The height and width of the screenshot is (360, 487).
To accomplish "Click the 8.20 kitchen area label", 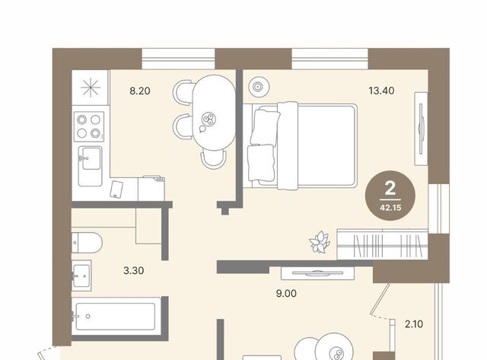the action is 140,91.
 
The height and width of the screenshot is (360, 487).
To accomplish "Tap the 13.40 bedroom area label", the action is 381,91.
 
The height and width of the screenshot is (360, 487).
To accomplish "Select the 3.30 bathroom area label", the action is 134,270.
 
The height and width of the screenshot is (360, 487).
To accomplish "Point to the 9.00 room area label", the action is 286,293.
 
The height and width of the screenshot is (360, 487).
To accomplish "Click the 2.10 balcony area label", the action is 414,324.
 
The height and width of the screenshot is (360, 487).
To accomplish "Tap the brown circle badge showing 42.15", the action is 390,196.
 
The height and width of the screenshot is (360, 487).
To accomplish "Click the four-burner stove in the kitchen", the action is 89,126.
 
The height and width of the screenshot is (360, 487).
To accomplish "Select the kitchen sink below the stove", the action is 90,166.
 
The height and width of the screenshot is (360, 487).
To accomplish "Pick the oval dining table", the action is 214,113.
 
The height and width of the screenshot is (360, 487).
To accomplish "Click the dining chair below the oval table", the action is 213,159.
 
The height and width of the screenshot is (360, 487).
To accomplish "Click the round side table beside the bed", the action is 259,87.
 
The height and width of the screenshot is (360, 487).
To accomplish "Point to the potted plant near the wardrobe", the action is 319,242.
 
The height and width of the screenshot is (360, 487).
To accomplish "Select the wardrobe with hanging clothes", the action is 382,244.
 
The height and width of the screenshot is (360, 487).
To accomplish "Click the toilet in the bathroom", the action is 87,243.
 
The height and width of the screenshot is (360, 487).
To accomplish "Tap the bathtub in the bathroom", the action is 116,316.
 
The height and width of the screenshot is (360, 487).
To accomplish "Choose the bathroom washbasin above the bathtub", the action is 81,276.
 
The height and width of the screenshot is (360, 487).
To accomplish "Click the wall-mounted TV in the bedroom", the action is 421,129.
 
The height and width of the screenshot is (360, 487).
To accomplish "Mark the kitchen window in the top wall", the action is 178,59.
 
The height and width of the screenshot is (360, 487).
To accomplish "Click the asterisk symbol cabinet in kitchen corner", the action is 91,88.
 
